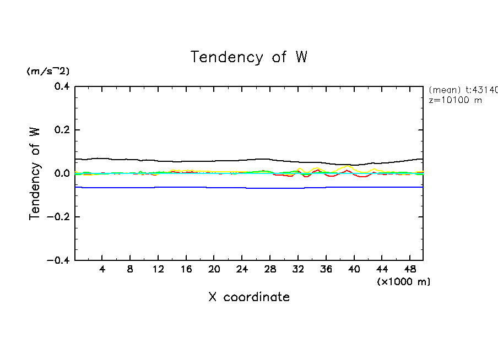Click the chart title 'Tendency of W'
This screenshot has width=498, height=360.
(249, 57)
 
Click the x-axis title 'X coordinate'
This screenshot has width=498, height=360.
(249, 297)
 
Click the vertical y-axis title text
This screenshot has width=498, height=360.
(35, 173)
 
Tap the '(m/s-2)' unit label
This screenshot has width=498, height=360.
(48, 72)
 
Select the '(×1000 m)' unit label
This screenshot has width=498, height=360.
(404, 282)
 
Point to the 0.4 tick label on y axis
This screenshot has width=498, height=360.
(61, 86)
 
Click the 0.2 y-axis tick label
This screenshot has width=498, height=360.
(61, 130)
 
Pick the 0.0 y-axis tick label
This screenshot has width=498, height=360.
(61, 173)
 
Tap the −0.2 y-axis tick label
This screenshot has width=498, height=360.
(58, 217)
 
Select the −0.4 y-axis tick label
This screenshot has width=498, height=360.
(58, 260)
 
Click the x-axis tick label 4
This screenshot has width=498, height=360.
(102, 269)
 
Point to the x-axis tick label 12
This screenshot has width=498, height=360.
(159, 269)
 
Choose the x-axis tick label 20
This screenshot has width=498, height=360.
(214, 269)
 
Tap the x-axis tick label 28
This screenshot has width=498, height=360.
(270, 269)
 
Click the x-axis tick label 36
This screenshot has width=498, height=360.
(326, 269)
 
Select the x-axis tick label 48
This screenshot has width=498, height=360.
(410, 269)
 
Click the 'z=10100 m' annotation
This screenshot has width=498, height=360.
(455, 101)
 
